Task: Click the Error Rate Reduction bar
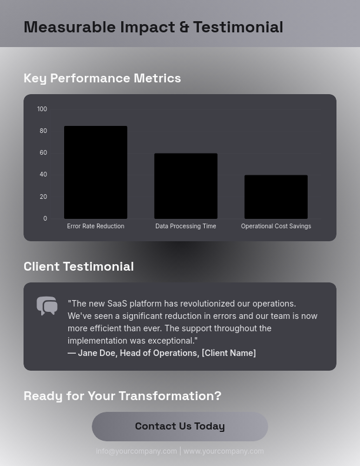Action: point(95,172)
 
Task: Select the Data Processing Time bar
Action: point(186,186)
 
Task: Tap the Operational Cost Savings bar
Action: point(276,197)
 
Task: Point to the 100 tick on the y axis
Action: point(42,109)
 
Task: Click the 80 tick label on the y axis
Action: point(43,131)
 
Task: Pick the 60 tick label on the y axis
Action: point(43,152)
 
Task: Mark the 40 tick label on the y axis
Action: point(43,174)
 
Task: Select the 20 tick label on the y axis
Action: point(43,197)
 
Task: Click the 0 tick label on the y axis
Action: point(45,218)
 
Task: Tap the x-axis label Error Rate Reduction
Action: point(95,226)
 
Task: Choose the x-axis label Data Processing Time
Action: point(186,226)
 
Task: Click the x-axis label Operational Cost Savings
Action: point(276,226)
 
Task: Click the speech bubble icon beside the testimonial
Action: point(47,306)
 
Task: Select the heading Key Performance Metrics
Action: point(102,78)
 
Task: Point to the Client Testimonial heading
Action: point(79,266)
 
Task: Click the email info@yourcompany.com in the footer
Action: point(136,451)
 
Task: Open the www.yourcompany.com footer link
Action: point(224,451)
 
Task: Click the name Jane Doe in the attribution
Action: point(96,352)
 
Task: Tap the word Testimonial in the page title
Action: point(238,27)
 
